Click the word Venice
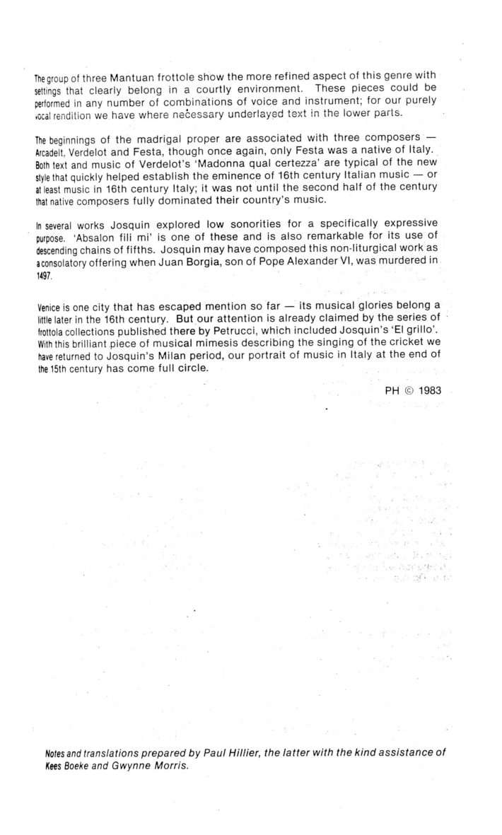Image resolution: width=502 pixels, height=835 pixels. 49,309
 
